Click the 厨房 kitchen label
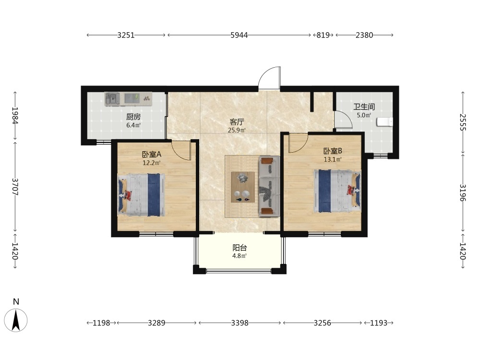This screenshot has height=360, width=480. [x=133, y=117]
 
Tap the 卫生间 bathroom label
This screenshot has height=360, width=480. [x=364, y=107]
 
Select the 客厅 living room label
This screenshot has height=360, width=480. [x=237, y=122]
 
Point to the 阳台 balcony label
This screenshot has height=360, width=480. [x=240, y=248]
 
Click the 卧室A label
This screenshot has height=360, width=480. [x=152, y=154]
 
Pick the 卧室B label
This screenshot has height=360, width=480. [x=333, y=151]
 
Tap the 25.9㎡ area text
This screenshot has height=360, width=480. [x=237, y=130]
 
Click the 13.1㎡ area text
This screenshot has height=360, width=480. [x=333, y=159]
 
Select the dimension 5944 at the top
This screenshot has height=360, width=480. [x=239, y=35]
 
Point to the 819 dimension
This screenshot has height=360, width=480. [x=323, y=35]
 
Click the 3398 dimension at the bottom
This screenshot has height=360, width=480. [x=240, y=323]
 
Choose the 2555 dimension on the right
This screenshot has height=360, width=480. [x=463, y=122]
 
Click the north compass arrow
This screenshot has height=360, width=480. [x=16, y=320]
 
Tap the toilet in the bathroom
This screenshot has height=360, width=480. [x=385, y=122]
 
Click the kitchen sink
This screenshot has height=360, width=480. [x=113, y=99]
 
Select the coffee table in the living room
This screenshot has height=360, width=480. [x=243, y=187]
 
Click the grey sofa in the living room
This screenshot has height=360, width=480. [x=269, y=186]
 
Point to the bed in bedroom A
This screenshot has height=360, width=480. [x=141, y=195]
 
